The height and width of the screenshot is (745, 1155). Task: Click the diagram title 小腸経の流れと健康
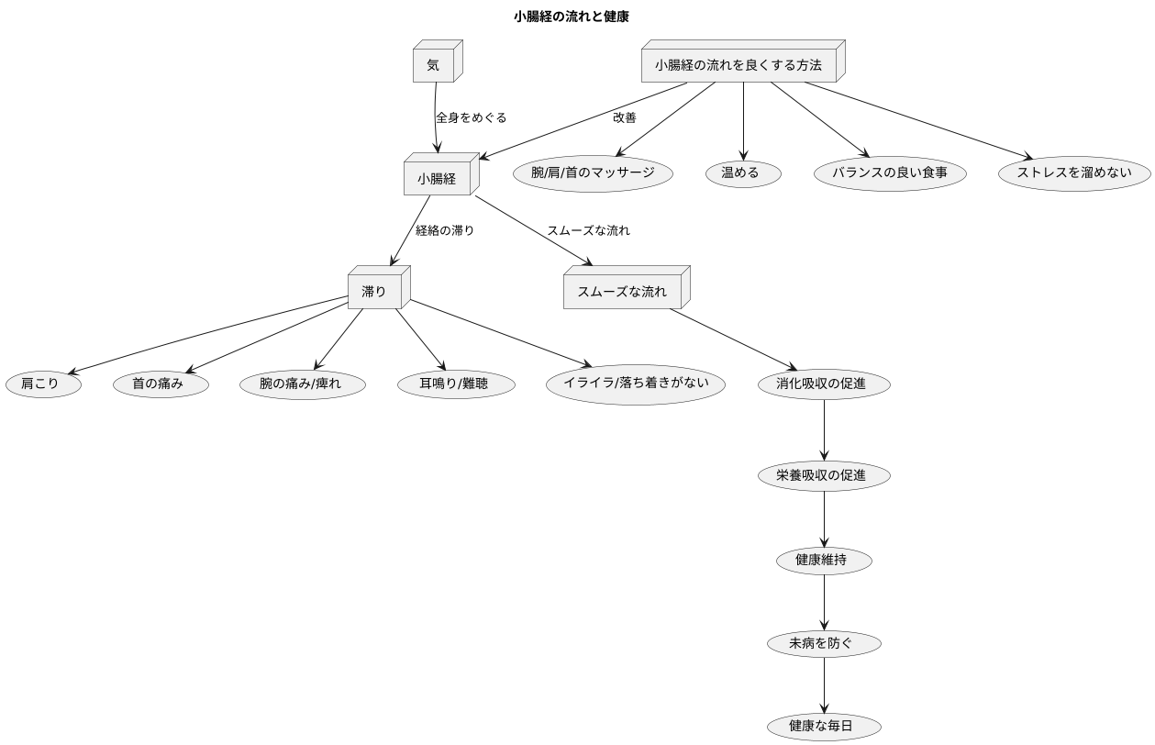pyautogui.click(x=571, y=17)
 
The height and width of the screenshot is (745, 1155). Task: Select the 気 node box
pyautogui.click(x=433, y=65)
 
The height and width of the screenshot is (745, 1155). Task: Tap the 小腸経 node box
pyautogui.click(x=437, y=179)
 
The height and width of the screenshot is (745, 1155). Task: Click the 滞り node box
pyautogui.click(x=374, y=292)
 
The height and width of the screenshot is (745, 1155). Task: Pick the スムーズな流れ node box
pyautogui.click(x=622, y=292)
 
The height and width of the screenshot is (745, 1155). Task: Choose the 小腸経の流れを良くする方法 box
pyautogui.click(x=739, y=65)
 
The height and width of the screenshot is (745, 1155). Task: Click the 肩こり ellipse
pyautogui.click(x=40, y=384)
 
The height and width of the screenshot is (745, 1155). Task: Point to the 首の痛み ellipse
pyautogui.click(x=158, y=384)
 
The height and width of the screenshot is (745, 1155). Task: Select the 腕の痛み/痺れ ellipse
pyautogui.click(x=300, y=384)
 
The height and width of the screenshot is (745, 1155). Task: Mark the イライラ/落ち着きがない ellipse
pyautogui.click(x=636, y=384)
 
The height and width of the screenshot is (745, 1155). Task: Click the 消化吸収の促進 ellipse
pyautogui.click(x=824, y=384)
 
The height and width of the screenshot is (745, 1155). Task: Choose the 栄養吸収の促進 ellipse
pyautogui.click(x=824, y=476)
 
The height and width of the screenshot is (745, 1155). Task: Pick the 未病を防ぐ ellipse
pyautogui.click(x=824, y=644)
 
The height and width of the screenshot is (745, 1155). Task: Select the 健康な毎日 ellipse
pyautogui.click(x=824, y=727)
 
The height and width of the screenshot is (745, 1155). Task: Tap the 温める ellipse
pyautogui.click(x=742, y=173)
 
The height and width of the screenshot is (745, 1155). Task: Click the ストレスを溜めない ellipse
pyautogui.click(x=1073, y=173)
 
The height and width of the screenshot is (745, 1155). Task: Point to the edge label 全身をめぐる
pyautogui.click(x=471, y=117)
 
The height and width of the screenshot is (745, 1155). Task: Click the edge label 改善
pyautogui.click(x=625, y=117)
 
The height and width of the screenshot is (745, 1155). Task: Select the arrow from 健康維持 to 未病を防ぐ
pyautogui.click(x=824, y=603)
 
